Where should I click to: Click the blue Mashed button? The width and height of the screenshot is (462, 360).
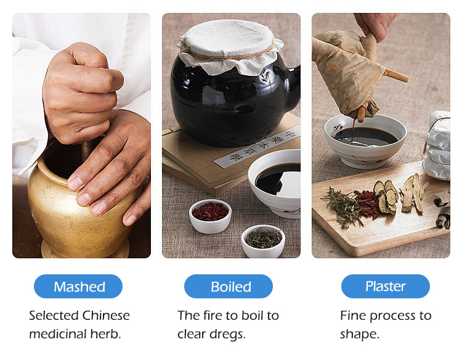click(x=78, y=287)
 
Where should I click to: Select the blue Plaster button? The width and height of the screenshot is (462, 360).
click(x=386, y=287)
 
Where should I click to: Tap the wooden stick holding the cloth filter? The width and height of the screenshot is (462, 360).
click(x=396, y=75)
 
